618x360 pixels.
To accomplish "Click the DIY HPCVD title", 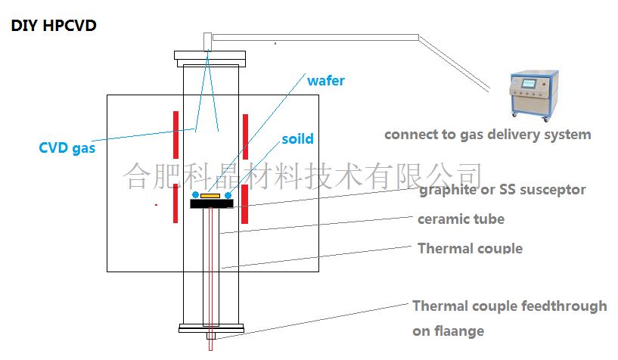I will pyautogui.click(x=53, y=26).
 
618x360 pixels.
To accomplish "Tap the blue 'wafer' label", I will pyautogui.click(x=325, y=80).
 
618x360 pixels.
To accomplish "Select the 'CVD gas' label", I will pyautogui.click(x=67, y=148).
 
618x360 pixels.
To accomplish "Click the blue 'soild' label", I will pyautogui.click(x=297, y=139).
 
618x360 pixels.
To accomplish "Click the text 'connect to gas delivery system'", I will pyautogui.click(x=487, y=135).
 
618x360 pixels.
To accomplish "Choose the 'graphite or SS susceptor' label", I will pyautogui.click(x=502, y=189).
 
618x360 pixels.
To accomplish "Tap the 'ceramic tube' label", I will pyautogui.click(x=461, y=219).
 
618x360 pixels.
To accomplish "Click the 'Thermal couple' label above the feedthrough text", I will pyautogui.click(x=470, y=248).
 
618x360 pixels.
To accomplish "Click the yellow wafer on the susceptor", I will pyautogui.click(x=210, y=196).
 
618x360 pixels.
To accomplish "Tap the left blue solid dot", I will pyautogui.click(x=196, y=195).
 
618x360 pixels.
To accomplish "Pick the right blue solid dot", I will pyautogui.click(x=228, y=195).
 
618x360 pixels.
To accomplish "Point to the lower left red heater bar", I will pyautogui.click(x=175, y=203).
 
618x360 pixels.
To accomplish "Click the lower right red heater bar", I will pyautogui.click(x=246, y=203).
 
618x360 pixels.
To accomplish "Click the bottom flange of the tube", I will pyautogui.click(x=210, y=328).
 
